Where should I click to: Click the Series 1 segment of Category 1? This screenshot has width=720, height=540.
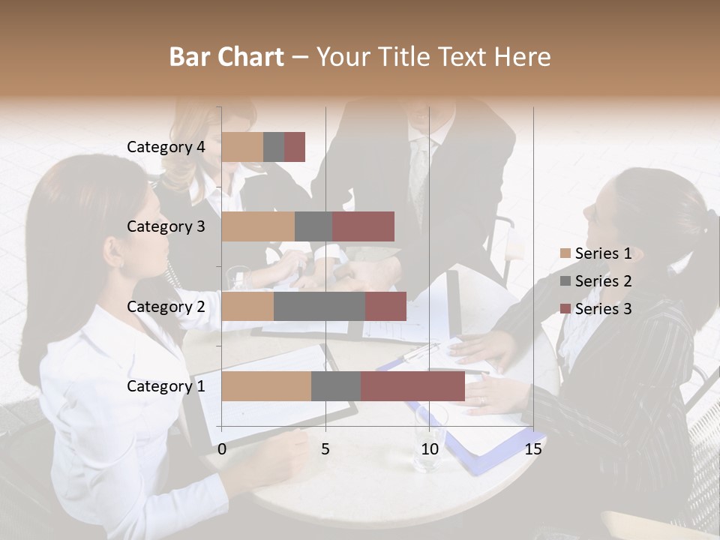(266, 386)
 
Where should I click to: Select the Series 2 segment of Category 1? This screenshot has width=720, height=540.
(336, 386)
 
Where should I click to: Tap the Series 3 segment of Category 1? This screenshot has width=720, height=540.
(412, 386)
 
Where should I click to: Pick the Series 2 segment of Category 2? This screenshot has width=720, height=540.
(319, 306)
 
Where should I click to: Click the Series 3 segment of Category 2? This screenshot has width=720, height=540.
(385, 306)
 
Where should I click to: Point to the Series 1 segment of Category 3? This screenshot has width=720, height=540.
(258, 226)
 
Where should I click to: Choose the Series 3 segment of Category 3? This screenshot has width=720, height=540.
(363, 226)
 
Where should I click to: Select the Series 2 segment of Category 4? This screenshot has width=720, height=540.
(274, 147)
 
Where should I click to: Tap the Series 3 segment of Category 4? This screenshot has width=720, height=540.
(295, 147)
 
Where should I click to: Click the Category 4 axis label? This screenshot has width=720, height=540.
(166, 147)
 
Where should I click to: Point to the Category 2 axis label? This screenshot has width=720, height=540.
(166, 306)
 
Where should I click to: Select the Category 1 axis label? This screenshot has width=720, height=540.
(166, 386)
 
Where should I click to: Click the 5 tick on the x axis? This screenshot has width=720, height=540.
(325, 449)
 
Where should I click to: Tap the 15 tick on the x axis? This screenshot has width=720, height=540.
(533, 449)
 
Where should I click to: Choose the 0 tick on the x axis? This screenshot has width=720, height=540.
(222, 449)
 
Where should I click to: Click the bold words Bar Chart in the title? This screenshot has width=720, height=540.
(226, 57)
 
